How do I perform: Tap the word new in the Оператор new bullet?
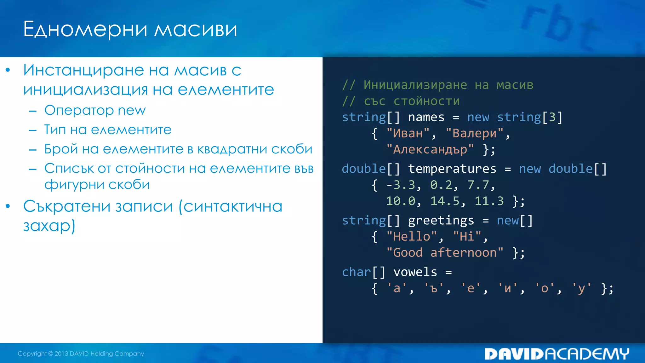[x=132, y=110]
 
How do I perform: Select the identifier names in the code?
[x=426, y=117]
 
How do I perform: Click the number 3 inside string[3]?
[x=552, y=117]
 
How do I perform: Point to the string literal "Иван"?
[x=408, y=133]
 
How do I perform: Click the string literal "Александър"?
[x=430, y=149]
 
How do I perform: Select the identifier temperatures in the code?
[x=452, y=169]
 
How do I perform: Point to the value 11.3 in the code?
[x=489, y=201]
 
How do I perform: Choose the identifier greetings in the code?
[x=441, y=221]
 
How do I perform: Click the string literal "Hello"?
[x=412, y=237]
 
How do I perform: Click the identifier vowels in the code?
[x=415, y=272]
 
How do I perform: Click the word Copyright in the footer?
[x=32, y=354]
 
